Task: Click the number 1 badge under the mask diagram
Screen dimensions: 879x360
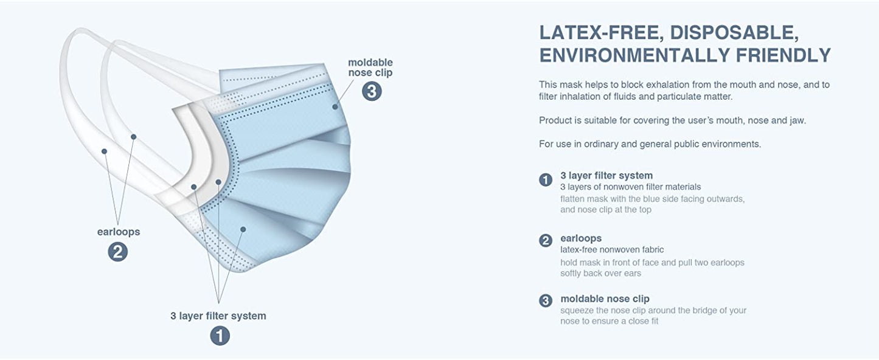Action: pyautogui.click(x=220, y=336)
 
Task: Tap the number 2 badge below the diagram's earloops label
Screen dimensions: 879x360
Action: pyautogui.click(x=118, y=251)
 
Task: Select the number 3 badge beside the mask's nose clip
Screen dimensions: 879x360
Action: pyautogui.click(x=372, y=91)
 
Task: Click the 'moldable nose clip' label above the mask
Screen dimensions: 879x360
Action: pyautogui.click(x=370, y=67)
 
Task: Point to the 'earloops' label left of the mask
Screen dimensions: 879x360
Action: pyautogui.click(x=119, y=232)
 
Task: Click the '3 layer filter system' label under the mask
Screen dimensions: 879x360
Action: pyautogui.click(x=218, y=316)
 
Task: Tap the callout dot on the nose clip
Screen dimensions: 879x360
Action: pyautogui.click(x=335, y=106)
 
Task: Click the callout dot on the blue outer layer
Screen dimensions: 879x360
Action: pyautogui.click(x=243, y=229)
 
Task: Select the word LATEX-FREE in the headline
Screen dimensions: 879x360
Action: pyautogui.click(x=602, y=33)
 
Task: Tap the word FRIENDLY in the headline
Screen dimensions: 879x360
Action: pyautogui.click(x=783, y=55)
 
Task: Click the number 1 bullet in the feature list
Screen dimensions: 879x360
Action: pyautogui.click(x=546, y=180)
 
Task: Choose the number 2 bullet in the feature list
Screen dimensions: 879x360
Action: pyautogui.click(x=546, y=240)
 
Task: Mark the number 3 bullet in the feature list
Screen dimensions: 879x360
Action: pyautogui.click(x=546, y=301)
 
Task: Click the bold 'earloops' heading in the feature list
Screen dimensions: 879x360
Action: pyautogui.click(x=581, y=238)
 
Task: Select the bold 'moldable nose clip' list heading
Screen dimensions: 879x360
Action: pyautogui.click(x=605, y=299)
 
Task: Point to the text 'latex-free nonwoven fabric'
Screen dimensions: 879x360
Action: pyautogui.click(x=612, y=249)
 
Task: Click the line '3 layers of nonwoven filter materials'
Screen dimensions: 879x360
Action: pyautogui.click(x=630, y=187)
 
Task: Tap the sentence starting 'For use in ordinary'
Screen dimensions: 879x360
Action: pyautogui.click(x=650, y=144)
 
